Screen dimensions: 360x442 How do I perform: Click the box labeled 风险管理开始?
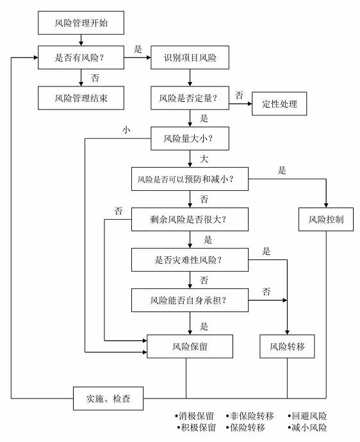81,23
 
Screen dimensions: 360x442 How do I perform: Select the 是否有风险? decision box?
81,58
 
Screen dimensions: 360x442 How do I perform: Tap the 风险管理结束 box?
81,98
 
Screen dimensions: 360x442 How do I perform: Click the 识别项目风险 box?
190,58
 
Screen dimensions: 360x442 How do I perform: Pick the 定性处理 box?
279,104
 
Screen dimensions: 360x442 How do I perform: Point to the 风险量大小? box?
190,138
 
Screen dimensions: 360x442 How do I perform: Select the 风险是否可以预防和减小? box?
190,179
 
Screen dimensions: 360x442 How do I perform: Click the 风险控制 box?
326,219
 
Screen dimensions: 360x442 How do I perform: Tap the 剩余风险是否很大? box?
190,219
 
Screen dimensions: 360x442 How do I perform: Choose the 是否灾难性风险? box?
190,259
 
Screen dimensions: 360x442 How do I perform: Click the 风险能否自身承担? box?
190,300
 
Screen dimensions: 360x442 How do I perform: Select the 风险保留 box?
190,347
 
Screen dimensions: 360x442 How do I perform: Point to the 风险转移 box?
287,347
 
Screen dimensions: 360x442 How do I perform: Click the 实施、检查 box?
108,398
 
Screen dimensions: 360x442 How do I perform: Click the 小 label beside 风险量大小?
126,130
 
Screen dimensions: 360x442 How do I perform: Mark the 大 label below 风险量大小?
204,159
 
